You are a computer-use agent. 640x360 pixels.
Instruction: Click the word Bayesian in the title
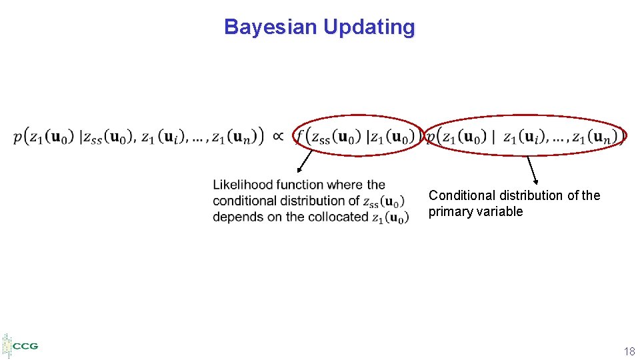point(270,27)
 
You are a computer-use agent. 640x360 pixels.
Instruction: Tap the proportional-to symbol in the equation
point(279,137)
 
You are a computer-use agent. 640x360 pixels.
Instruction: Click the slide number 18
point(629,351)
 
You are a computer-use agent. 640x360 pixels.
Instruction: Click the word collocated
point(341,217)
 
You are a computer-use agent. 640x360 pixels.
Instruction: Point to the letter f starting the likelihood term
point(299,137)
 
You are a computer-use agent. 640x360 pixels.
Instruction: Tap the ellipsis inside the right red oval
point(553,139)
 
